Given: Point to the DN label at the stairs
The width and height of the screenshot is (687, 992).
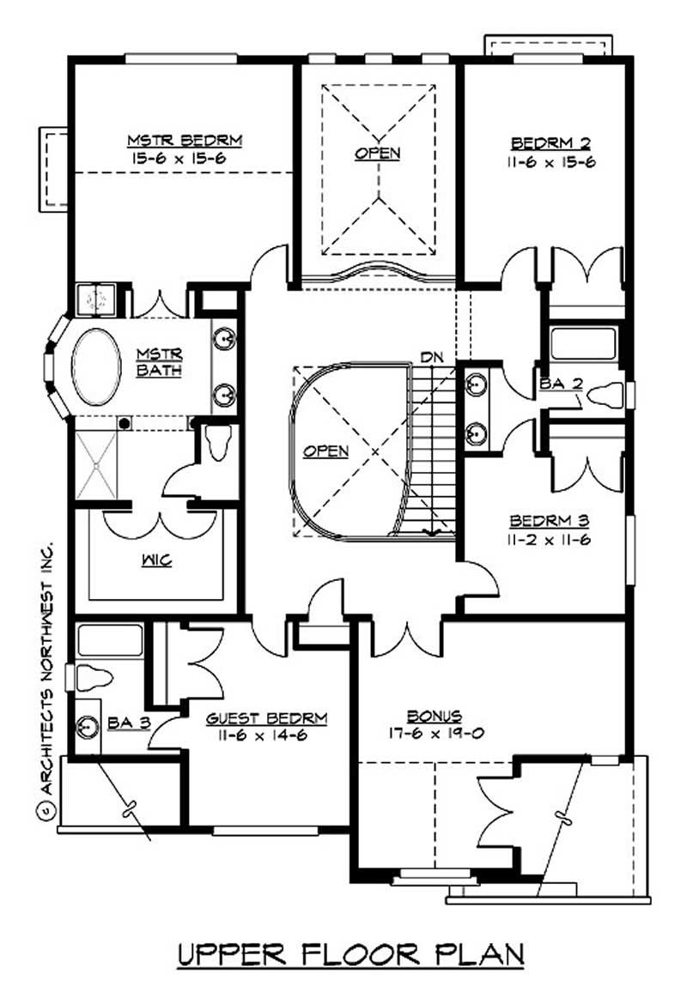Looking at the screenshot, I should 432,355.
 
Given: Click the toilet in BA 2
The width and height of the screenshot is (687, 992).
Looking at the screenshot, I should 605,395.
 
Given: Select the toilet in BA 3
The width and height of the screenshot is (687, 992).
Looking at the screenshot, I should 94,677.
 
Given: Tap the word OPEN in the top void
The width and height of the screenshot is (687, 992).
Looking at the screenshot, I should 377,154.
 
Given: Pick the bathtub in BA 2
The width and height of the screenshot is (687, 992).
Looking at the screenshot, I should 583,342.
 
